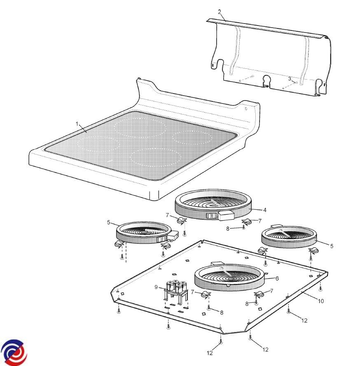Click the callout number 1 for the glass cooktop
click(77, 124)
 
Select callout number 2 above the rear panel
click(219, 12)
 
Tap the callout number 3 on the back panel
click(290, 79)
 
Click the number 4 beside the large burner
click(264, 210)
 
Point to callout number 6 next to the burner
click(277, 279)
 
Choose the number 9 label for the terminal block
click(156, 287)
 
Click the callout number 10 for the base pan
click(321, 301)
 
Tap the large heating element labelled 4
click(213, 205)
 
